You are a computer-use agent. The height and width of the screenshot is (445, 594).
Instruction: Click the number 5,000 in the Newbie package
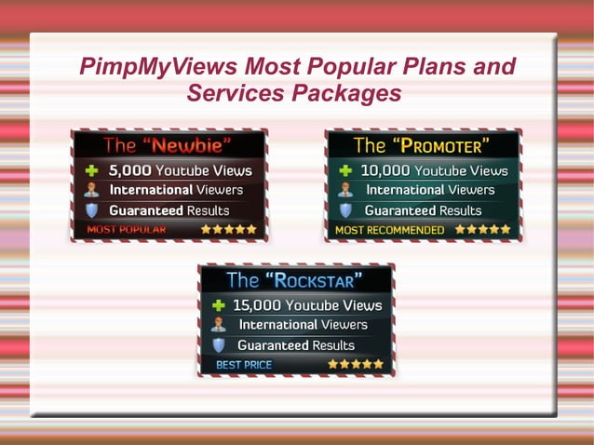point(129,170)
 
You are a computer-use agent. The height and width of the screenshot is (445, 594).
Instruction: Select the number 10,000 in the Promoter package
point(385,171)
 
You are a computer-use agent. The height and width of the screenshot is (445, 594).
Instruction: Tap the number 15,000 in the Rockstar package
point(256,305)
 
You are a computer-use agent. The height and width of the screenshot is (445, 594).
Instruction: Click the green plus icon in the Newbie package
point(91,171)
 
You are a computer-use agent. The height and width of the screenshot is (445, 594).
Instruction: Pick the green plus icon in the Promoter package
point(345,171)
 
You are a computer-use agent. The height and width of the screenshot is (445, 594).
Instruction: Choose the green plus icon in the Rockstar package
point(219,305)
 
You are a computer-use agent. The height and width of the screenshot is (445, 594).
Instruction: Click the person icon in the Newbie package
point(91,190)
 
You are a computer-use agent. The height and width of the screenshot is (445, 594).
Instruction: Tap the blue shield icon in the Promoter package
point(345,210)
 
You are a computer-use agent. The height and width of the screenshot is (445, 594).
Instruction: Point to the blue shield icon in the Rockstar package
point(219,344)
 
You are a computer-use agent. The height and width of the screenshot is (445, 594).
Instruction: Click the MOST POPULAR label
point(127,229)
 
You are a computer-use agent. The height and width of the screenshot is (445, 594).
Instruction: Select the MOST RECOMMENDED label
point(390,229)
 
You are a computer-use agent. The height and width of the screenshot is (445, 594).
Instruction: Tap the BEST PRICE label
point(245,364)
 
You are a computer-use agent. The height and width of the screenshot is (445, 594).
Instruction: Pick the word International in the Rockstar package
point(278,325)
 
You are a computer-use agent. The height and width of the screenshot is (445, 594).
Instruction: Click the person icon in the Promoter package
point(345,190)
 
